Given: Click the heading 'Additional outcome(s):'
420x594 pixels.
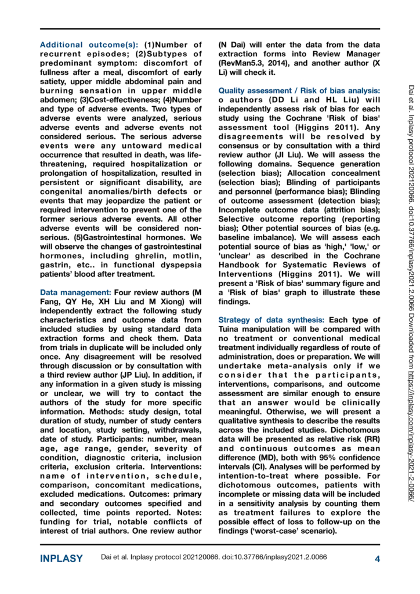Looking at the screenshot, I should (x=89, y=45).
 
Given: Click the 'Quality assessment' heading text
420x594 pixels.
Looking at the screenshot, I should (x=253, y=91).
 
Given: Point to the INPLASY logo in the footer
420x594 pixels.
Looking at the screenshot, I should (x=61, y=558).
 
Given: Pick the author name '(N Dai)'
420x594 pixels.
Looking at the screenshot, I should (x=232, y=45).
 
